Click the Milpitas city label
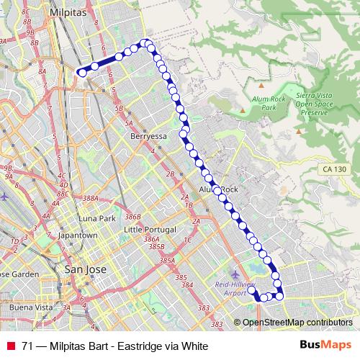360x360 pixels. (68, 13)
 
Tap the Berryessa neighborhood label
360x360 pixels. (148, 135)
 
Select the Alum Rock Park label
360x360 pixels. (268, 102)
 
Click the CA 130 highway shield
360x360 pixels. (332, 168)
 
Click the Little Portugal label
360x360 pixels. (149, 229)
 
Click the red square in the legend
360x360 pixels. (11, 345)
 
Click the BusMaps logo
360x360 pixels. (326, 344)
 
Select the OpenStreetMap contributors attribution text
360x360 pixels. (297, 323)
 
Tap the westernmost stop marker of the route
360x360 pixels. (82, 71)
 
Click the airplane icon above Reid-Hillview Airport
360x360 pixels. (236, 274)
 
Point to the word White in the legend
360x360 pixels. (193, 345)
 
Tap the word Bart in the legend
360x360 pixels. (94, 345)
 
